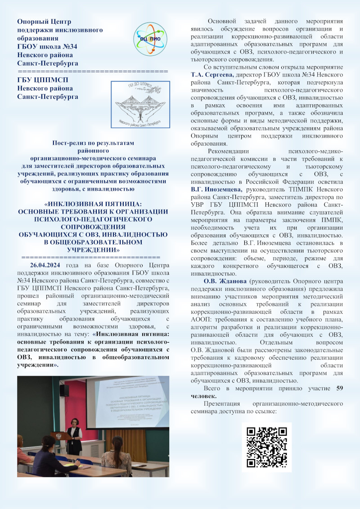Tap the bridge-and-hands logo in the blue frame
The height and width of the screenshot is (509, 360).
tap(140, 105)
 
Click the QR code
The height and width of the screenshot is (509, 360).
tap(267, 447)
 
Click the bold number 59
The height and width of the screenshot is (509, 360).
tap(340, 388)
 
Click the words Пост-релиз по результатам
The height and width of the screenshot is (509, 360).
tap(93, 143)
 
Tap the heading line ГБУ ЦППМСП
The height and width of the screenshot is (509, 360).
tap(43, 80)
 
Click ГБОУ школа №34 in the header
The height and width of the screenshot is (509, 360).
tap(47, 46)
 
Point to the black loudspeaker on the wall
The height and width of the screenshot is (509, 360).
tap(64, 390)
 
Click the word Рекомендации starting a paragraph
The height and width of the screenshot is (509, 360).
tap(228, 152)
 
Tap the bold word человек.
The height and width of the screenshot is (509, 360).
tap(203, 396)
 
